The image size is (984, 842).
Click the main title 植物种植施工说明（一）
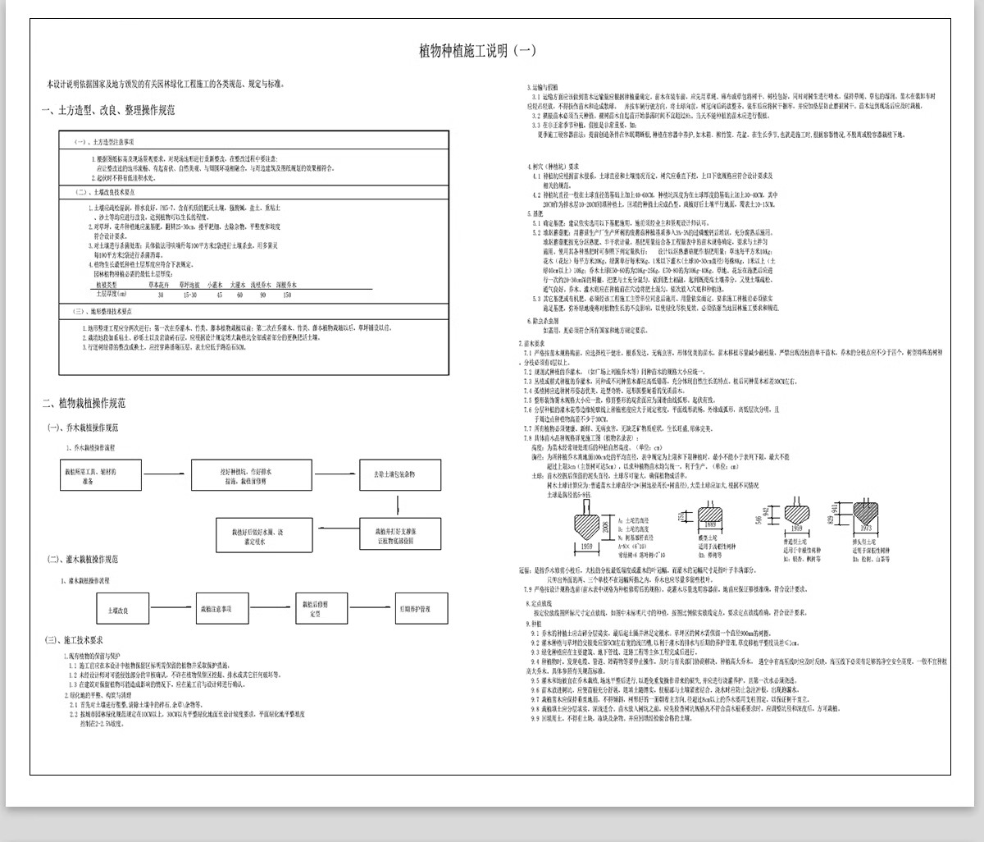click(477, 51)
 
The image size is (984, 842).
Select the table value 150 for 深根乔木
click(287, 294)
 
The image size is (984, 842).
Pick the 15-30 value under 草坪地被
click(189, 294)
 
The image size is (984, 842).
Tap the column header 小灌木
click(219, 284)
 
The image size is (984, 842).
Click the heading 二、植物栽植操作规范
click(85, 403)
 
